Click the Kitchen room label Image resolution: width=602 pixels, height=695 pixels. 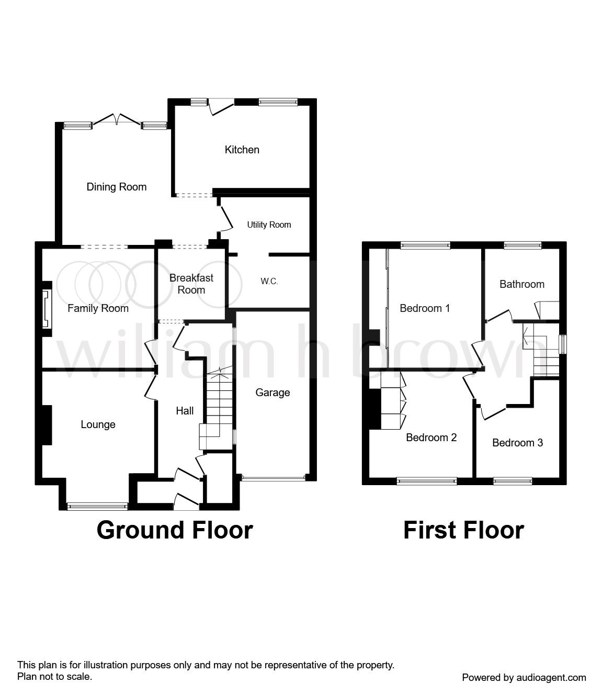[242, 150]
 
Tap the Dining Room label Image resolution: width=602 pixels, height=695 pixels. [116, 187]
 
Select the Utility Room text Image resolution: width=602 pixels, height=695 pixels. [269, 225]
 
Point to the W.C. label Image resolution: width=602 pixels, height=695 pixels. [269, 282]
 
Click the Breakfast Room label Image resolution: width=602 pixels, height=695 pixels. [191, 284]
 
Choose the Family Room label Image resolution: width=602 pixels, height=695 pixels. [98, 308]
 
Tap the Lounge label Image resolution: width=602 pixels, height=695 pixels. [98, 424]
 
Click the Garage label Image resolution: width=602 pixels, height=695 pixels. [272, 393]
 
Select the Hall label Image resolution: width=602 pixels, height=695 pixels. [185, 411]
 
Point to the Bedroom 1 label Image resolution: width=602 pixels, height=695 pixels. [425, 308]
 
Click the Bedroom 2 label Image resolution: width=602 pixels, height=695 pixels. [431, 438]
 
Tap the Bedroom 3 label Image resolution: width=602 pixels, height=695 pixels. [517, 443]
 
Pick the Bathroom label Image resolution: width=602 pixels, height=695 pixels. [521, 284]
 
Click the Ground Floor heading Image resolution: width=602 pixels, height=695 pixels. [175, 530]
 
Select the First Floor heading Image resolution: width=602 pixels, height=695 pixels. [463, 530]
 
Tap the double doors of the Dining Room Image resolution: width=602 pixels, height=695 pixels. [117, 120]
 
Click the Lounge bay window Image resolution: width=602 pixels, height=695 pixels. [97, 506]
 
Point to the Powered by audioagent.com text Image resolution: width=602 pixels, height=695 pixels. [524, 677]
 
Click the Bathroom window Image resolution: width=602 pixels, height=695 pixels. [523, 244]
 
